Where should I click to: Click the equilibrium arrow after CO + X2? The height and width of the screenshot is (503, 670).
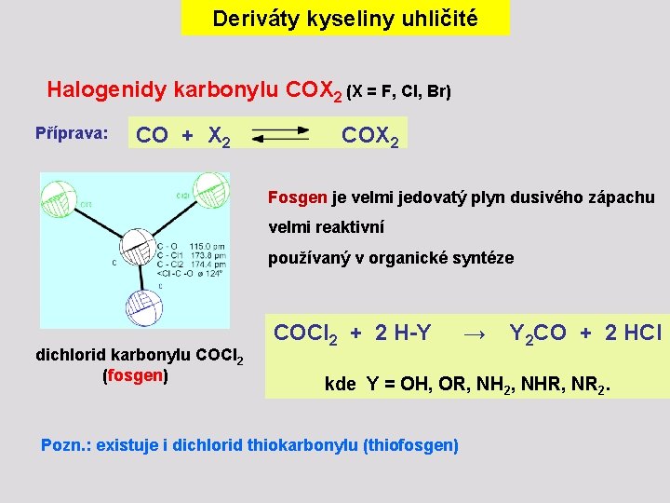(280, 137)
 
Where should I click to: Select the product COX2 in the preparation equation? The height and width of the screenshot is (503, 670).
(370, 136)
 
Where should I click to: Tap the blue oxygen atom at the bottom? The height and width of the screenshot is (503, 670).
(143, 306)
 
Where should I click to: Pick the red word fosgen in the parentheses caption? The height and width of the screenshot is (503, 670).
(135, 376)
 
